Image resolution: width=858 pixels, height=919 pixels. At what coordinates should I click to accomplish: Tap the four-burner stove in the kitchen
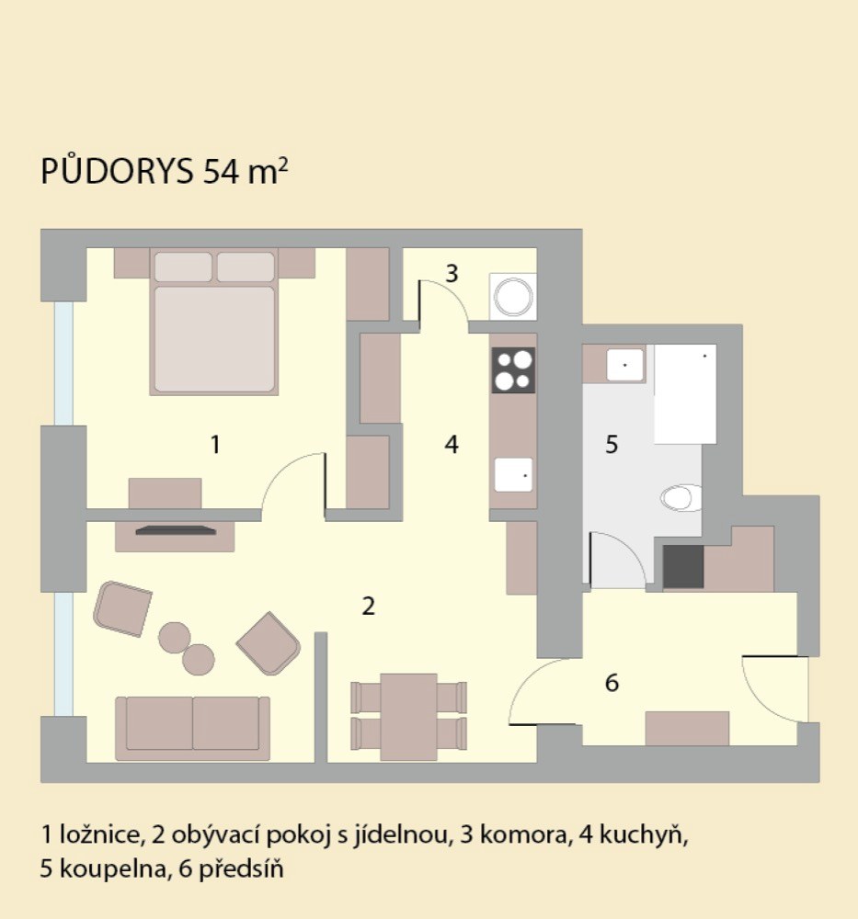(513, 369)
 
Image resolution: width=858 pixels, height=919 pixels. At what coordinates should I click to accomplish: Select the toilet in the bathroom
(681, 497)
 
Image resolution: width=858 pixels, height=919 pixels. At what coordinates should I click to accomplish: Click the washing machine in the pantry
(513, 297)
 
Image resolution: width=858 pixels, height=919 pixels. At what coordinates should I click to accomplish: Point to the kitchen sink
(513, 475)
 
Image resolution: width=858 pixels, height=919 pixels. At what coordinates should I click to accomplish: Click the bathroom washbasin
(625, 365)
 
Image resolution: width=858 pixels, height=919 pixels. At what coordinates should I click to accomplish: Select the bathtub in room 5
(685, 394)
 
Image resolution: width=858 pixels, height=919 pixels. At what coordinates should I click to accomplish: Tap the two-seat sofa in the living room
(192, 729)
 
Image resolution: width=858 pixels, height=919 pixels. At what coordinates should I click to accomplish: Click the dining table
(408, 717)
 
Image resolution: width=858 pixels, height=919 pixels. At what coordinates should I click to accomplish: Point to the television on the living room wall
(176, 531)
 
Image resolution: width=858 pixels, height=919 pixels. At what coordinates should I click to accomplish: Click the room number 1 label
(215, 445)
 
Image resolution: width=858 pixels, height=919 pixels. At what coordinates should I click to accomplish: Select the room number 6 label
(612, 683)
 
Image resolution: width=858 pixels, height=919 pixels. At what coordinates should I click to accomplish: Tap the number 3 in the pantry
(452, 274)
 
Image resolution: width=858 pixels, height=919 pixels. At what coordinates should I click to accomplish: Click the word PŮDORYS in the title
(117, 171)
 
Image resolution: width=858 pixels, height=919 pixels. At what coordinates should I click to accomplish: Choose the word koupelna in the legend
(112, 868)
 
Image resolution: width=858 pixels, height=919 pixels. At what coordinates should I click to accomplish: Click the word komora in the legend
(525, 834)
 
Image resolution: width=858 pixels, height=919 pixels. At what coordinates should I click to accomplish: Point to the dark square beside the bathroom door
(683, 567)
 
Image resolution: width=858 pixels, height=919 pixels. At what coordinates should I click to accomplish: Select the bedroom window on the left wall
(64, 363)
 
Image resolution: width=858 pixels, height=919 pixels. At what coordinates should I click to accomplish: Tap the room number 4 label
(451, 445)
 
